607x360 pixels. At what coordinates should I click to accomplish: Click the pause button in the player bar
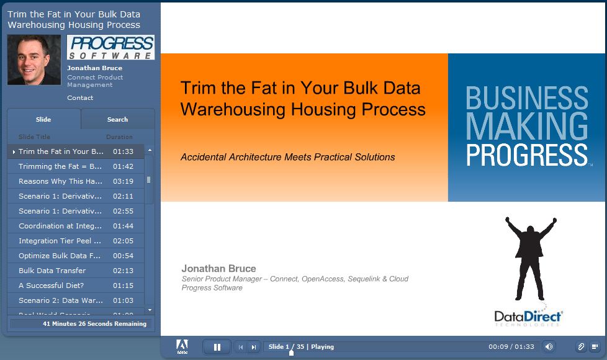click(x=217, y=347)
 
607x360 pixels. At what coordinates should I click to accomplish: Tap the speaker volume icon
click(x=549, y=346)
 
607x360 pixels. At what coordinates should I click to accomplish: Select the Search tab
click(x=117, y=119)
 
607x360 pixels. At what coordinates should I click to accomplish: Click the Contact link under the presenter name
click(x=80, y=97)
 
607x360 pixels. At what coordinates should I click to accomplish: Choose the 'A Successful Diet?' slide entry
click(x=51, y=286)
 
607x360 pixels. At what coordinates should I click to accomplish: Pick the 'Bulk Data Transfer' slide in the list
click(x=52, y=271)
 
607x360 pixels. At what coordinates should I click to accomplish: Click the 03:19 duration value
click(x=123, y=181)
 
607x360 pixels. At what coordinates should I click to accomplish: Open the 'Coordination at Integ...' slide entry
click(x=60, y=226)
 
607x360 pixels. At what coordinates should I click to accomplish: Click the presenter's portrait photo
click(x=34, y=60)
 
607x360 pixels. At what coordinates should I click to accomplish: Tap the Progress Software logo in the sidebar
click(x=110, y=47)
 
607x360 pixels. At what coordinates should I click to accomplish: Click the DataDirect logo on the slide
click(x=528, y=317)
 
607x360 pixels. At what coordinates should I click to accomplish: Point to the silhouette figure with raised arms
click(x=531, y=258)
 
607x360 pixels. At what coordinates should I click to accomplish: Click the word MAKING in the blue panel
click(x=526, y=126)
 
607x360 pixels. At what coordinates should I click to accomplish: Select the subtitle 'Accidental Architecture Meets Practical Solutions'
click(x=287, y=157)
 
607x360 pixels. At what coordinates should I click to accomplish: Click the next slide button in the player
click(x=254, y=347)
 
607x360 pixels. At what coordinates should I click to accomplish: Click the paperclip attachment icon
click(x=581, y=346)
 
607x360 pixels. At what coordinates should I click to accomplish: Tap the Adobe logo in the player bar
click(x=182, y=346)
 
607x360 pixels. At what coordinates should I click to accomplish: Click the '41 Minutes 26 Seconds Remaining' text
click(x=94, y=323)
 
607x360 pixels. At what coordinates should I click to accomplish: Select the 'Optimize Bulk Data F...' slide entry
click(x=59, y=256)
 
